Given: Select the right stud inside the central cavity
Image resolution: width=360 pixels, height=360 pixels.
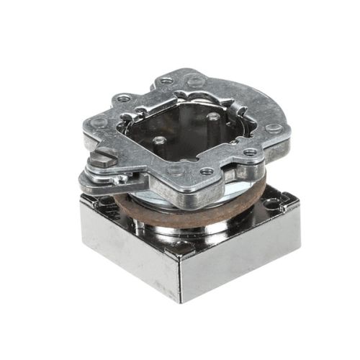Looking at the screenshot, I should [x=213, y=115].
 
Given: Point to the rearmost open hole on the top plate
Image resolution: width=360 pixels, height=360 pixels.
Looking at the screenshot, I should [x=166, y=81].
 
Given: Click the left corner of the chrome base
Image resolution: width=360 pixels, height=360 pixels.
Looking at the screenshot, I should [x=81, y=198].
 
